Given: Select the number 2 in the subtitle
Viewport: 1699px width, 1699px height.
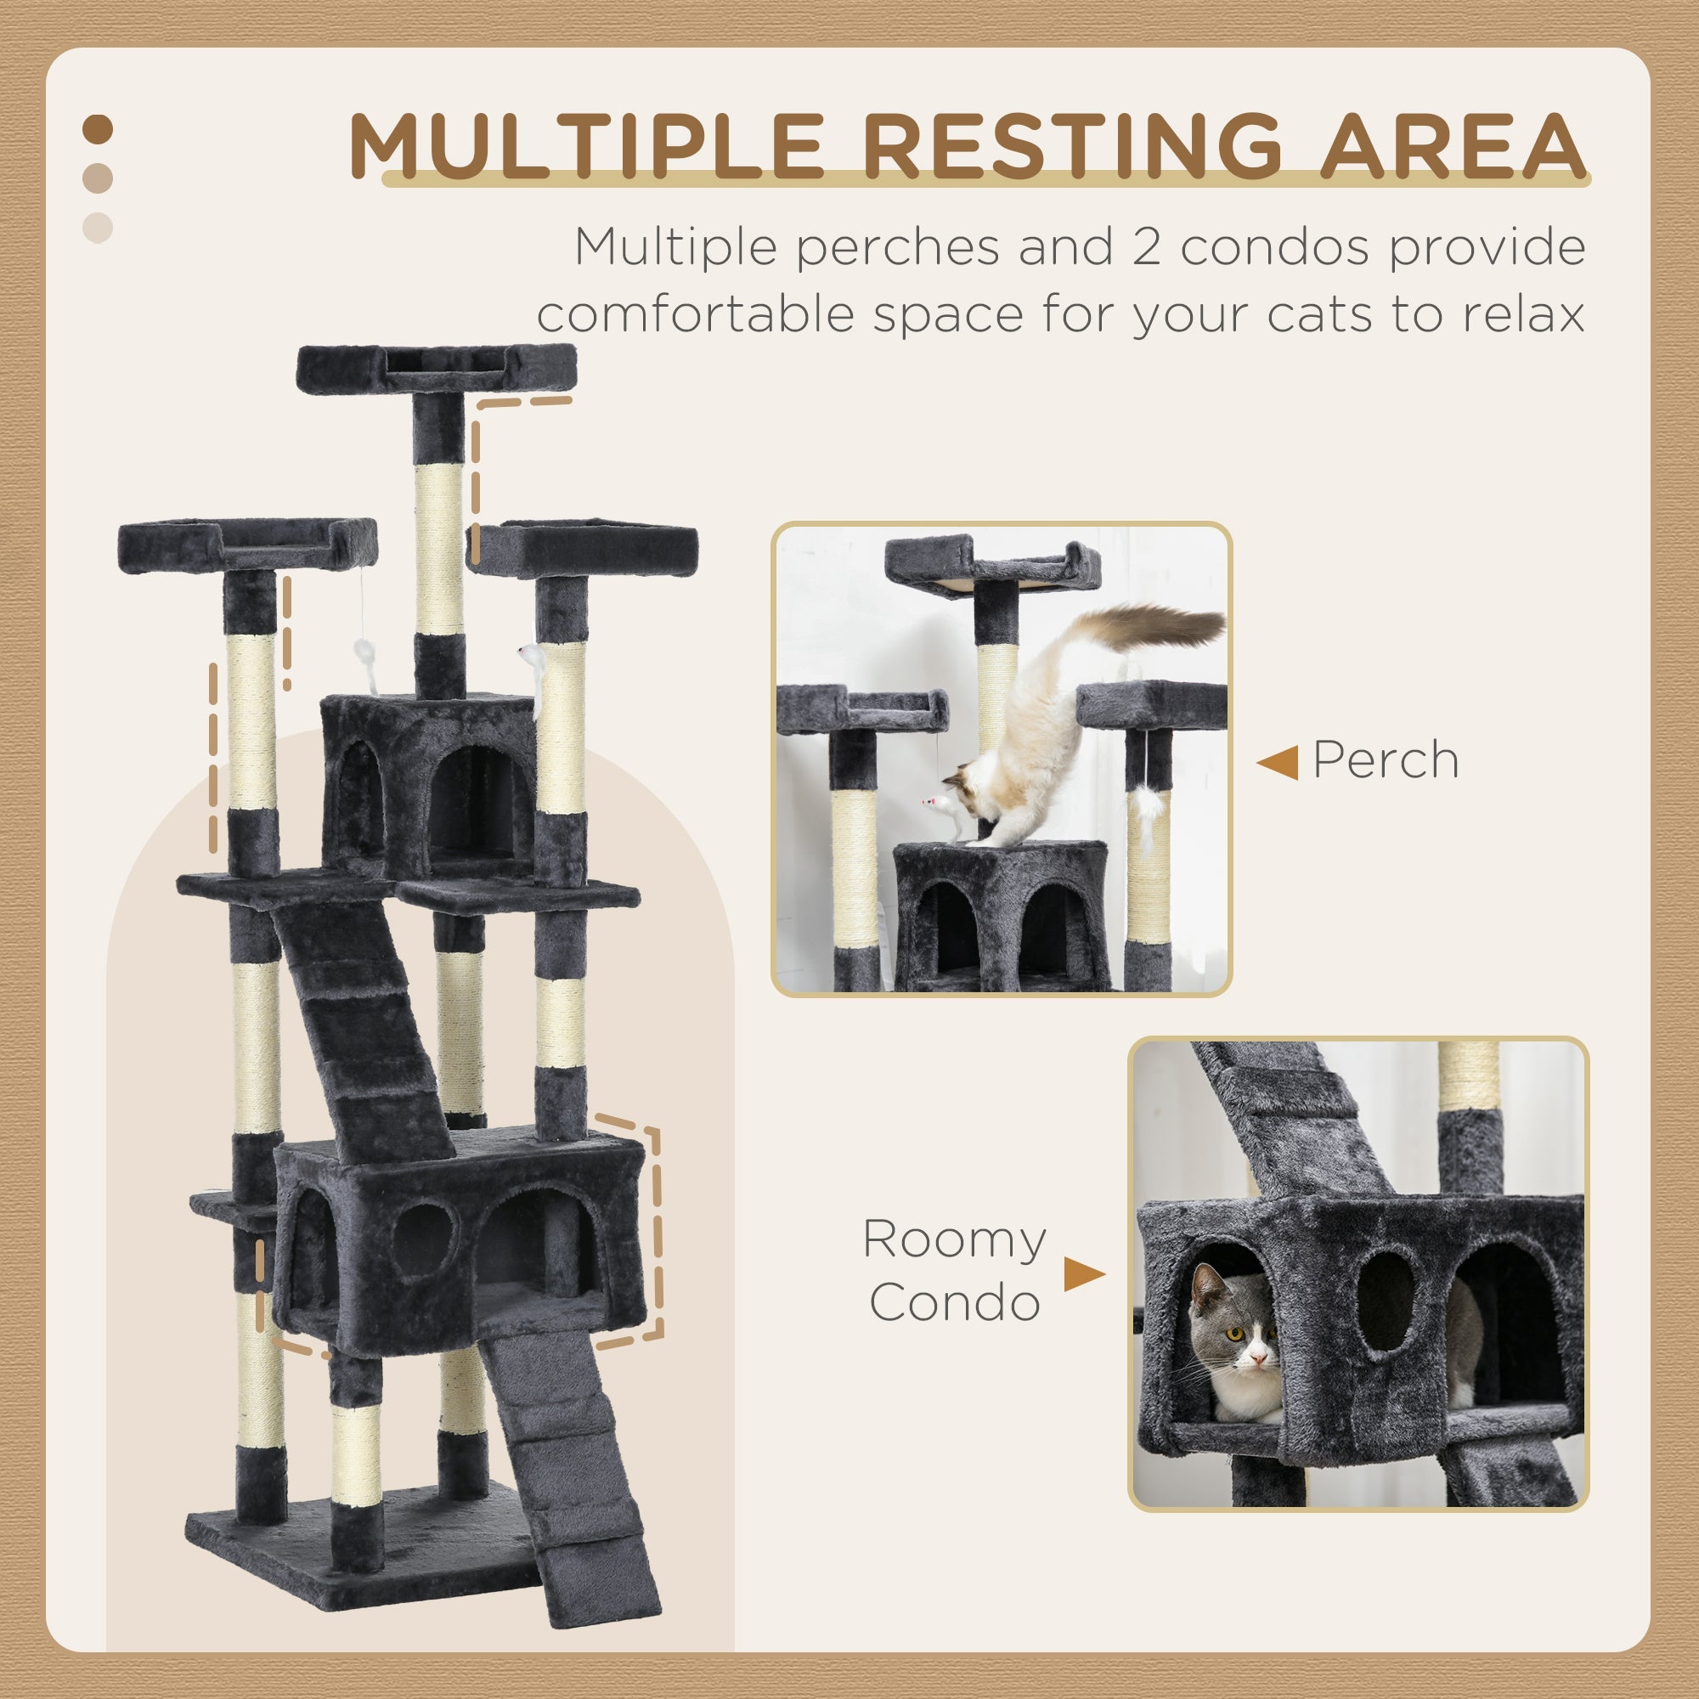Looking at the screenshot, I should tap(1146, 247).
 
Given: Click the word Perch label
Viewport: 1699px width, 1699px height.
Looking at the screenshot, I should tap(1386, 759).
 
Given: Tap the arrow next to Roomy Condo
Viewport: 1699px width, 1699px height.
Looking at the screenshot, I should tap(1082, 1274).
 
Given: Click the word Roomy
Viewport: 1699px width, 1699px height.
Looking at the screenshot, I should tap(954, 1239).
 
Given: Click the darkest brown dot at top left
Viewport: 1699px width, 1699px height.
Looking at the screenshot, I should tap(98, 130).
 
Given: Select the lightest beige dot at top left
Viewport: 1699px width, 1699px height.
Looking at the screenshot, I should tap(98, 228).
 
